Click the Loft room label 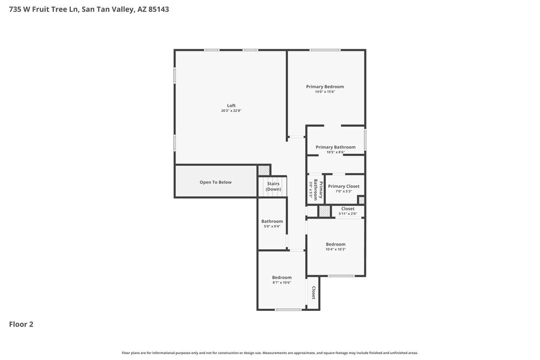[231, 105]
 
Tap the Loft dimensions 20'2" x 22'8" [231, 111]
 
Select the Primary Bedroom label [325, 86]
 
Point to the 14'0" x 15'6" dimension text [325, 92]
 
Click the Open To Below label [215, 182]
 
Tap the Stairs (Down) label [273, 186]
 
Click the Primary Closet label [343, 186]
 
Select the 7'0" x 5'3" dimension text [343, 191]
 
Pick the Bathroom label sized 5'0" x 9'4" [272, 221]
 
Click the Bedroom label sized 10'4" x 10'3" [335, 244]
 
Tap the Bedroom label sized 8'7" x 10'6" [281, 277]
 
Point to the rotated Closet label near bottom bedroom [313, 293]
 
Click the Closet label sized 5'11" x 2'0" [348, 208]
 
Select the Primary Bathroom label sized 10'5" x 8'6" [335, 147]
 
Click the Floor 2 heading [21, 324]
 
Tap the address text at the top [89, 9]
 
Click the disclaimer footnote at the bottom [270, 352]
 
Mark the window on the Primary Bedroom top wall [325, 50]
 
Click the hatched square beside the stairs [263, 170]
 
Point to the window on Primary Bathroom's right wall [366, 139]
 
